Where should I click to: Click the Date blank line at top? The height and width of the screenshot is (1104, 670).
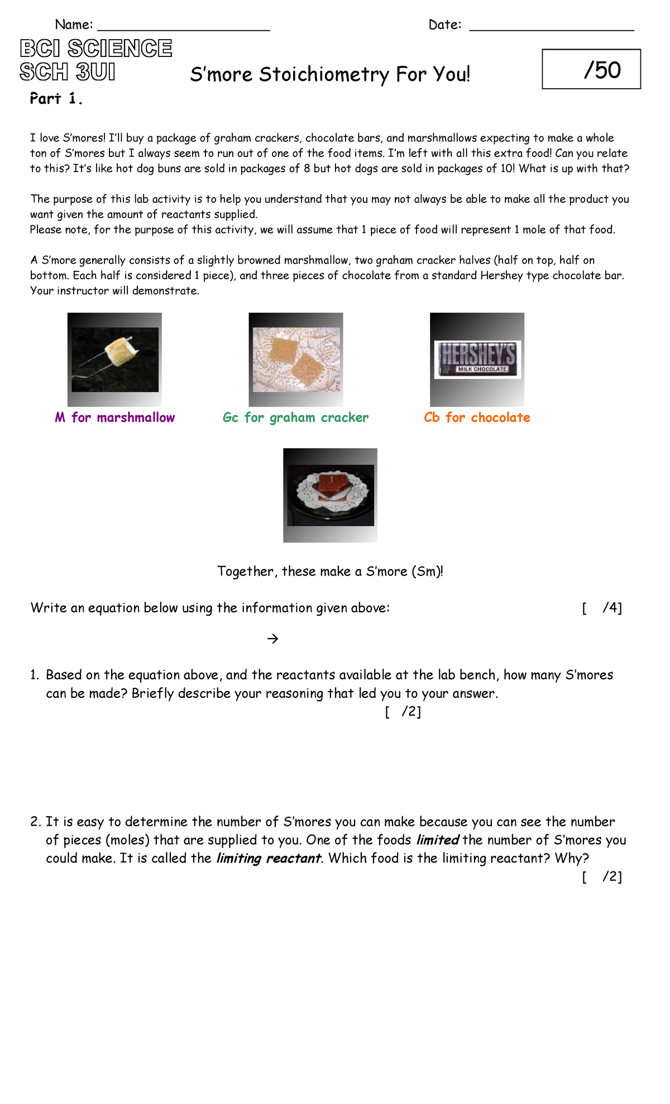[551, 28]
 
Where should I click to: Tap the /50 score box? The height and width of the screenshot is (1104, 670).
[591, 69]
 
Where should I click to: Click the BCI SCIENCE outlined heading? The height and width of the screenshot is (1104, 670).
[96, 49]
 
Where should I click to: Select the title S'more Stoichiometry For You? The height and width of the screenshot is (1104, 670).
[330, 74]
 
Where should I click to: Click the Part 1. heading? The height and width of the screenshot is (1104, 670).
[56, 99]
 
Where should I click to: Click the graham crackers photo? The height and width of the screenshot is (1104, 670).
[296, 359]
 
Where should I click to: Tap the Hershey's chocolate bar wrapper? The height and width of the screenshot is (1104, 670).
[477, 359]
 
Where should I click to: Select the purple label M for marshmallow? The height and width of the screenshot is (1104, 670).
[115, 417]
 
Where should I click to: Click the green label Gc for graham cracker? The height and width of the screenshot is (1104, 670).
[295, 417]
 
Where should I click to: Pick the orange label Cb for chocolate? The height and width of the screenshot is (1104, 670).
[477, 417]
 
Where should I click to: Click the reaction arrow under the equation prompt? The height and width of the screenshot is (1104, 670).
[272, 639]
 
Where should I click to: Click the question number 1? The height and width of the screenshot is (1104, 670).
[35, 675]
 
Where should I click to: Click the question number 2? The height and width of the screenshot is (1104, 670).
[35, 822]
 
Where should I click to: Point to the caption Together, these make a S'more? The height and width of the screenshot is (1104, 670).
[330, 572]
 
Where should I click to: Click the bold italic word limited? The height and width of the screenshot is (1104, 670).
[438, 840]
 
